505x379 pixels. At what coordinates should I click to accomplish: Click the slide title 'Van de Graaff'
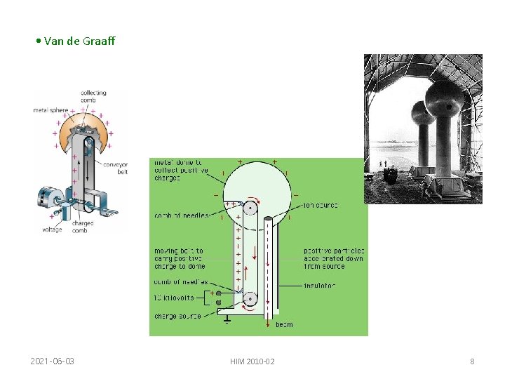[x=79, y=41]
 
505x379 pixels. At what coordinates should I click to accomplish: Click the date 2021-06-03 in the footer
[x=53, y=361]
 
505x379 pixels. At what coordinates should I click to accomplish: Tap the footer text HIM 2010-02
[x=252, y=361]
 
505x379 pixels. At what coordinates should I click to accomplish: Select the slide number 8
[x=472, y=361]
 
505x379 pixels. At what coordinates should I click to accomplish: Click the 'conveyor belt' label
[x=114, y=168]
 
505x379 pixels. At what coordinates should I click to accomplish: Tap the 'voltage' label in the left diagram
[x=51, y=230]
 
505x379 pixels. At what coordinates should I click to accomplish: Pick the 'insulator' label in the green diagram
[x=319, y=286]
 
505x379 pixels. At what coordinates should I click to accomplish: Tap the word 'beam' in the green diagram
[x=284, y=325]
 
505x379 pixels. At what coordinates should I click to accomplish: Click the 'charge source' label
[x=177, y=316]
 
